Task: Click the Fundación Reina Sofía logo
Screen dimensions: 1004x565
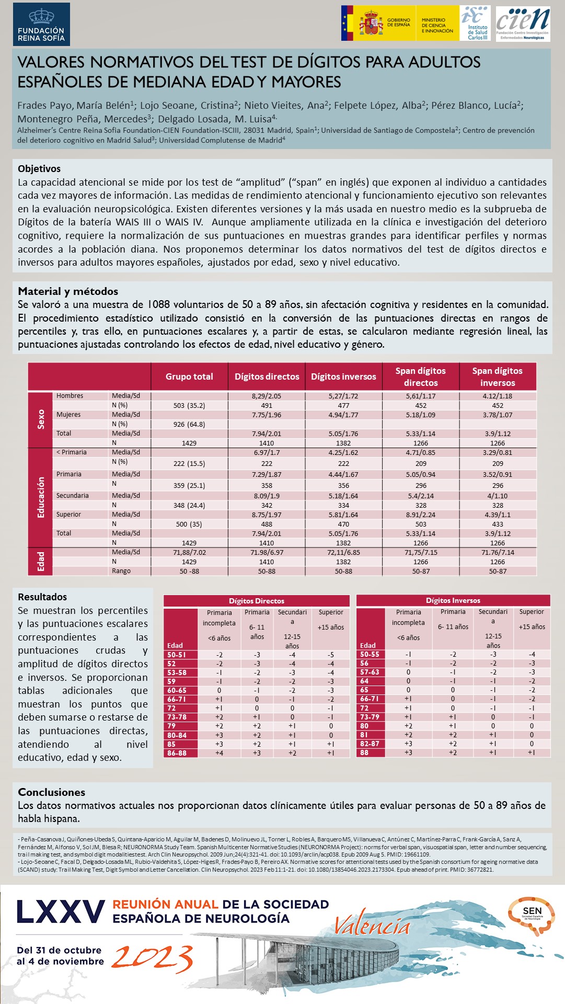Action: coord(41,24)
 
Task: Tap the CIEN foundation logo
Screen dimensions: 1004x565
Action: coord(522,24)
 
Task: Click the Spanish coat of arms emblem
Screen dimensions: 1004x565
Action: coord(371,24)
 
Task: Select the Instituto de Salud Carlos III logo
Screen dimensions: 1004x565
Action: coord(475,24)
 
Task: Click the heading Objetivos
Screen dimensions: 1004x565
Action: coord(39,168)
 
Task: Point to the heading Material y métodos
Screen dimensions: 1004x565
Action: coord(68,291)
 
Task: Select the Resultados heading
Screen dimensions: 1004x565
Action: coord(42,597)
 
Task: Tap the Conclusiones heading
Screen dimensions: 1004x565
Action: coord(51,792)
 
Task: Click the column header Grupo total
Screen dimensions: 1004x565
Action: coord(189,376)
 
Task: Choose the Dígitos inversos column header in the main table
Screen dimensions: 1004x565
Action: coord(343,376)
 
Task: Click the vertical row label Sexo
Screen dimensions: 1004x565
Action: coord(41,419)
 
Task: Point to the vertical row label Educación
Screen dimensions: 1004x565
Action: coord(41,497)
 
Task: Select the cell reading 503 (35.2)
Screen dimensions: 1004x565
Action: coord(189,405)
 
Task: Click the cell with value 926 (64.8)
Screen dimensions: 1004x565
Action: coord(189,424)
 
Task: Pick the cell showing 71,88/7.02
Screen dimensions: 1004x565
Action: coord(189,552)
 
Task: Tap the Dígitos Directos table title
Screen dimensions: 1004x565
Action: coord(257,601)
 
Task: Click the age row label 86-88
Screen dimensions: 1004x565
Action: coord(177,753)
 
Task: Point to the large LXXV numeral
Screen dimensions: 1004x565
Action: coord(61,912)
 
